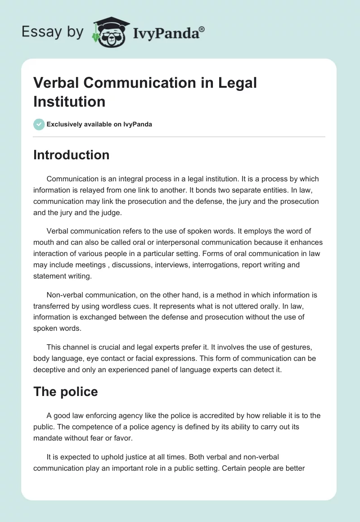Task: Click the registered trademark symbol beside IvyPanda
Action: (202, 30)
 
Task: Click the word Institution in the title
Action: (69, 101)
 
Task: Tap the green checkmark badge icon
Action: (39, 124)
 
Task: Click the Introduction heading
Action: (71, 155)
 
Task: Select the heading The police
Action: (65, 391)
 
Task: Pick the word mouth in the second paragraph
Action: (44, 243)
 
